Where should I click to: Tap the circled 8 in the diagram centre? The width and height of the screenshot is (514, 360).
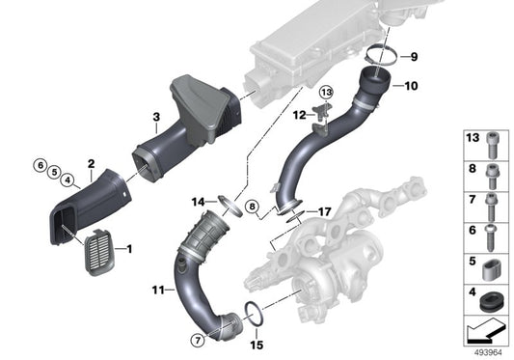point(251,207)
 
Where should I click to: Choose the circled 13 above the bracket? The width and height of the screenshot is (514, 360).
point(325,92)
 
